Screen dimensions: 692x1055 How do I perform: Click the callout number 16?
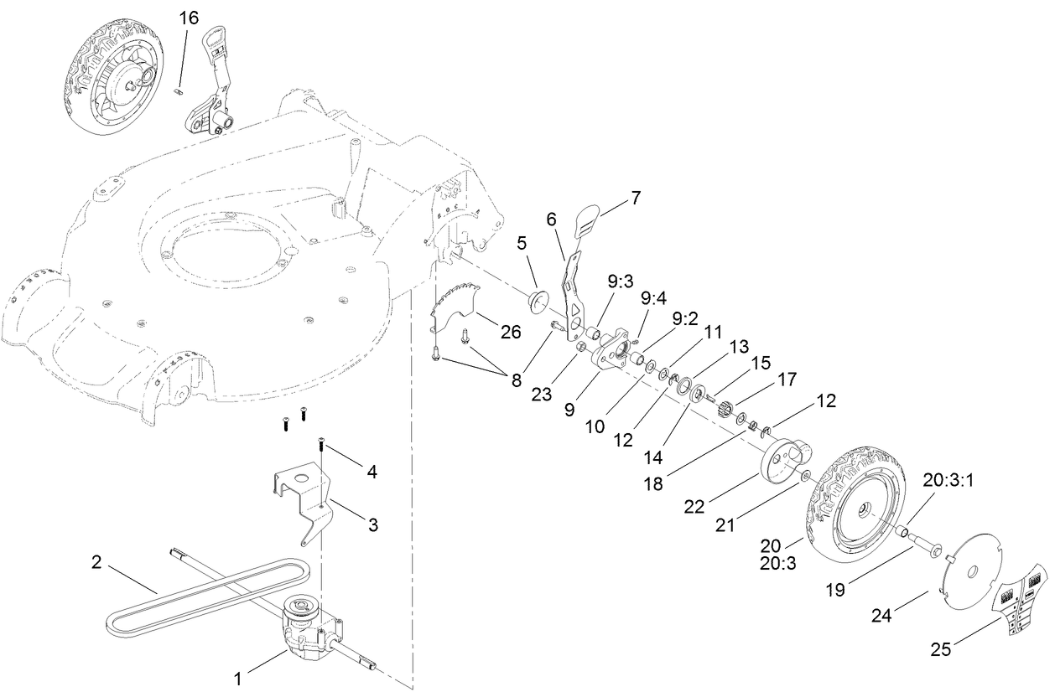coord(189,18)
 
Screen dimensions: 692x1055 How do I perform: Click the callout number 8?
coord(515,380)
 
